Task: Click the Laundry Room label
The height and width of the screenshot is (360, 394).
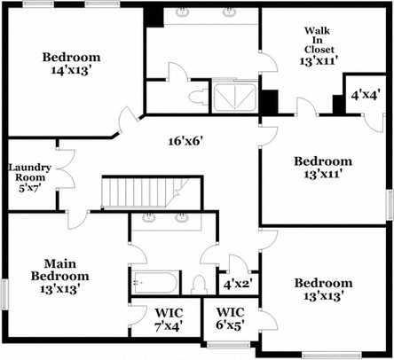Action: (32, 176)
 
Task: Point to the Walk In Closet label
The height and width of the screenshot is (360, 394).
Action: (317, 46)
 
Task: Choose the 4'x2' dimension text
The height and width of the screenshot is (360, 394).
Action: (237, 285)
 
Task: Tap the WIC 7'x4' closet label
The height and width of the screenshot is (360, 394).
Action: (168, 319)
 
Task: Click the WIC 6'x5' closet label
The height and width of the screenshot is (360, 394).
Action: (230, 319)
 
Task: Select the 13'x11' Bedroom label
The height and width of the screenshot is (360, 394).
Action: (323, 168)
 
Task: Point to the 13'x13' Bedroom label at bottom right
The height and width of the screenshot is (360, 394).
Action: (323, 287)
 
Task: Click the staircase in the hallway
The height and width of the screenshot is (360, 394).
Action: (146, 192)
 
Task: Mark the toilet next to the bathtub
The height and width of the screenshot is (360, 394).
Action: (198, 284)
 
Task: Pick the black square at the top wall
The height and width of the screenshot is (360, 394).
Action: (154, 15)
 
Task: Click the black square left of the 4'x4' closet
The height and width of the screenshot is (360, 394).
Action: (338, 104)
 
